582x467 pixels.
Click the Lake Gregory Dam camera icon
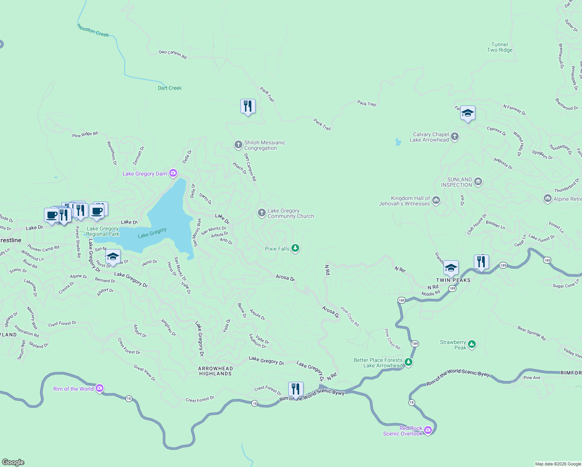[x=173, y=173]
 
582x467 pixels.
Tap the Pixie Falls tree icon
[x=295, y=248]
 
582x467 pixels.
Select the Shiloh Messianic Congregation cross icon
[x=238, y=145]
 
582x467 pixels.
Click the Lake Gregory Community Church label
[x=290, y=213]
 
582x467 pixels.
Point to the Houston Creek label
[x=93, y=31]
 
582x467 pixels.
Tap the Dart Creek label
[x=170, y=88]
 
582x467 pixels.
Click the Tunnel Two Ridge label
[x=500, y=47]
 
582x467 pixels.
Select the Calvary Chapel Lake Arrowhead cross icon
[x=455, y=137]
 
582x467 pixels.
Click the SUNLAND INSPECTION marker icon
[x=478, y=182]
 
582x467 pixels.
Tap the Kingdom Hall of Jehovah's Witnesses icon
[x=436, y=200]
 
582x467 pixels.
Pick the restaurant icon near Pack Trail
[x=248, y=106]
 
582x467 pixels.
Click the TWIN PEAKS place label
[x=453, y=280]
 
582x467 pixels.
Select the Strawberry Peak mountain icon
[x=472, y=344]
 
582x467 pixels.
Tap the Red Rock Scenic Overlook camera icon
[x=428, y=430]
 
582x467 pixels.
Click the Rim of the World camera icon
[x=100, y=388]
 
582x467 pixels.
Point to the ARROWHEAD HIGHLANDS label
[x=215, y=371]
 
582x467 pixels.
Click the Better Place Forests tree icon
[x=408, y=362]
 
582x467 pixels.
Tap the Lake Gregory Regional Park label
[x=102, y=231]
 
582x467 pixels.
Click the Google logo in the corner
[x=13, y=462]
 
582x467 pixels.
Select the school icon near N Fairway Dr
[x=467, y=113]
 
